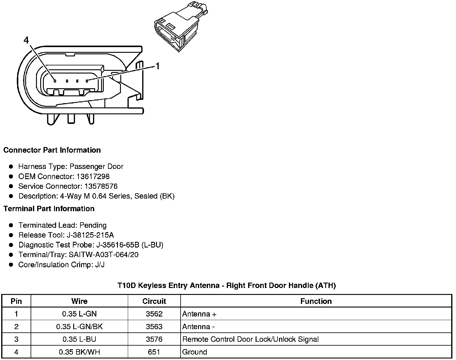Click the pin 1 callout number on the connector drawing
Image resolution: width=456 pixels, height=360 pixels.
coord(157,66)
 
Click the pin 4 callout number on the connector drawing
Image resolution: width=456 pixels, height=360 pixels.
coord(26,40)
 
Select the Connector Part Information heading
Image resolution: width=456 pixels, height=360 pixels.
coord(52,150)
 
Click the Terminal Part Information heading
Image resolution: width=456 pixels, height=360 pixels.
coord(49,208)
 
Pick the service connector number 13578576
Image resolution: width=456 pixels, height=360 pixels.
coord(101,186)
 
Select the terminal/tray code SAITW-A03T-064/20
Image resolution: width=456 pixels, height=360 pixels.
coord(103,255)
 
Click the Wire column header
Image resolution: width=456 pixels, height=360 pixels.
coord(79,301)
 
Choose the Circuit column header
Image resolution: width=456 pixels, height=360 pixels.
coord(154,301)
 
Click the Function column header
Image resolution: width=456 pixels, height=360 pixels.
coord(316,301)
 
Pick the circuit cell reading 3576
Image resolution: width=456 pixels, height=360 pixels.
coord(154,339)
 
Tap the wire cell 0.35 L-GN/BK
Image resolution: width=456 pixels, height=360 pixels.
coord(79,327)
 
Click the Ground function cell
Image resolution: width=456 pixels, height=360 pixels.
coord(195,352)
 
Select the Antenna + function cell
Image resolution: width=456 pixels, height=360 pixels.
coord(199,314)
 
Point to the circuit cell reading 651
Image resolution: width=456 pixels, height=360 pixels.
coord(154,352)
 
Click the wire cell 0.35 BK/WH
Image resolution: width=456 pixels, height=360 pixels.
coord(79,352)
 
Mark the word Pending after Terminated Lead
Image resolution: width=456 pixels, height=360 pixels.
coord(93,225)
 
